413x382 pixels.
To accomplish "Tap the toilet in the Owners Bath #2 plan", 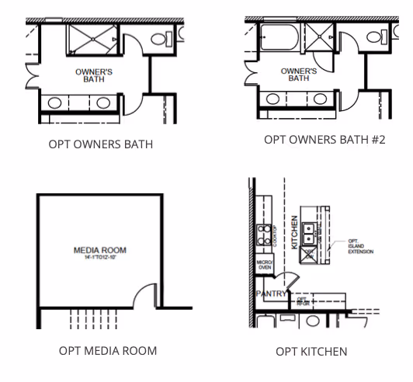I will click(373, 36).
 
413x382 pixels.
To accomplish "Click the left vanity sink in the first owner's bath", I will click(55, 102).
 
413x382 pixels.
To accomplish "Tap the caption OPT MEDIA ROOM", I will click(108, 350).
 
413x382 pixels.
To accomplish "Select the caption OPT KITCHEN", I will click(311, 352).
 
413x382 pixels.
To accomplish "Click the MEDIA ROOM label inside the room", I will click(99, 250).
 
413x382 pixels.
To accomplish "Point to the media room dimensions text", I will click(99, 257).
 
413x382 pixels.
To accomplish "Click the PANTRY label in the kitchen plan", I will click(270, 294).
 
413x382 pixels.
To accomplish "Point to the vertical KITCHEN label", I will click(295, 232).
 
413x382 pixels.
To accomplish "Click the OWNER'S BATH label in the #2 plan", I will click(299, 75).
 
